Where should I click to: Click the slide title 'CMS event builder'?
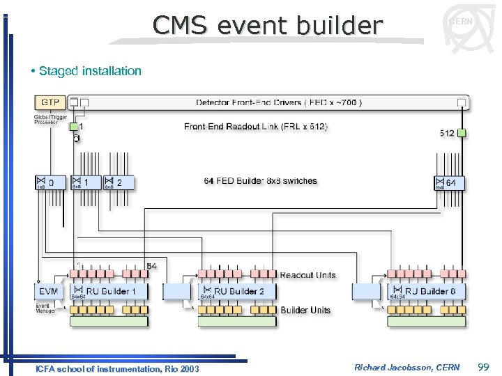pyautogui.click(x=268, y=26)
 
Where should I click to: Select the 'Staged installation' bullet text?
pyautogui.click(x=90, y=71)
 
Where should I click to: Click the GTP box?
pyautogui.click(x=50, y=102)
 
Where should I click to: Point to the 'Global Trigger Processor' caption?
pyautogui.click(x=48, y=120)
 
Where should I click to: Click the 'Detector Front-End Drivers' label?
pyautogui.click(x=279, y=103)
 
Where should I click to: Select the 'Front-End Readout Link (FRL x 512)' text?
pyautogui.click(x=256, y=126)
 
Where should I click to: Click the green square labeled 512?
pyautogui.click(x=461, y=133)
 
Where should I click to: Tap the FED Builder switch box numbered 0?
pyautogui.click(x=50, y=182)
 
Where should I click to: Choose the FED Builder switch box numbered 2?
pyautogui.click(x=118, y=182)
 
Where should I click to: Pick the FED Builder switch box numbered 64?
pyautogui.click(x=450, y=182)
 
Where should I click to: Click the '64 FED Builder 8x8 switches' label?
pyautogui.click(x=260, y=181)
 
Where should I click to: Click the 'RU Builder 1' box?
pyautogui.click(x=108, y=291)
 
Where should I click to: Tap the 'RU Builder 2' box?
pyautogui.click(x=236, y=291)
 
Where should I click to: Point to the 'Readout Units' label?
pyautogui.click(x=307, y=275)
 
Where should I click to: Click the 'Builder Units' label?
pyautogui.click(x=305, y=310)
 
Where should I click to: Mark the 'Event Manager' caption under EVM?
pyautogui.click(x=46, y=307)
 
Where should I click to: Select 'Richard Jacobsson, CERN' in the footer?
pyautogui.click(x=406, y=367)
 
